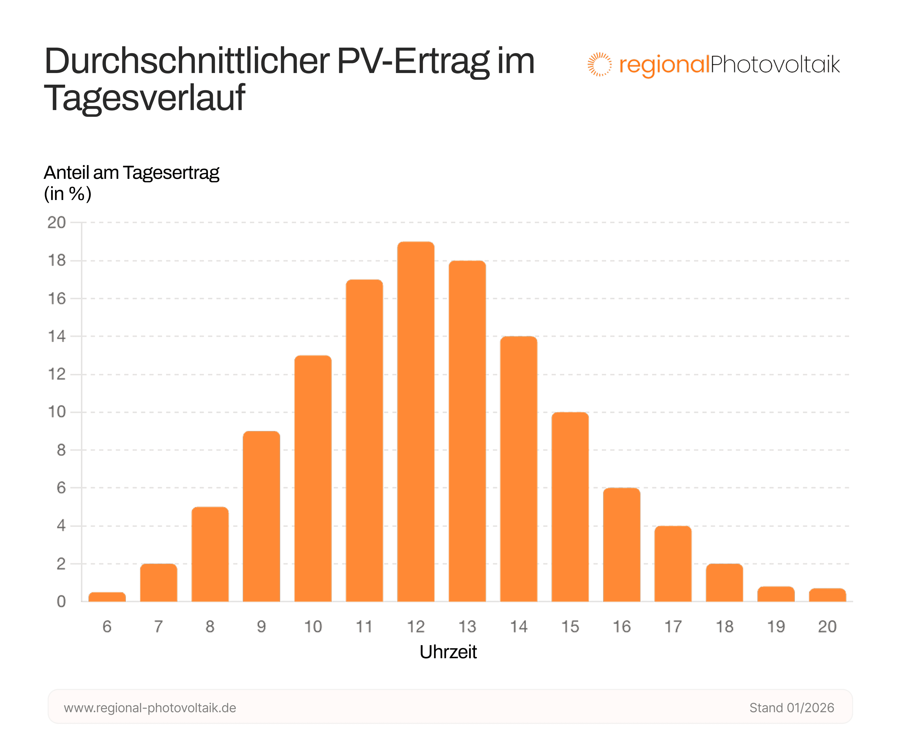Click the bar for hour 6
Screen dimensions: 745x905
(x=107, y=597)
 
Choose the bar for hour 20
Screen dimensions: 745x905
(x=827, y=595)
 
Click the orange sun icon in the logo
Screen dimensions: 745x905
(x=599, y=64)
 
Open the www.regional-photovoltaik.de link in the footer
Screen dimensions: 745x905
(x=150, y=708)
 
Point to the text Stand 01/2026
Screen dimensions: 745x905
(x=791, y=708)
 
